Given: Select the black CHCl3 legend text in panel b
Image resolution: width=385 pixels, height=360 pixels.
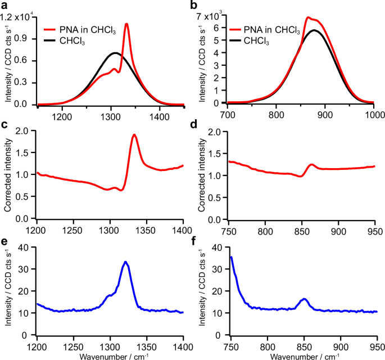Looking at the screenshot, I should (256, 42).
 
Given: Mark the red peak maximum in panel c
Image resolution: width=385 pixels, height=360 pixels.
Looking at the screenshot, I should (134, 135).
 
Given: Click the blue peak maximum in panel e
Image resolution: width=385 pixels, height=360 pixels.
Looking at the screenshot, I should (125, 262).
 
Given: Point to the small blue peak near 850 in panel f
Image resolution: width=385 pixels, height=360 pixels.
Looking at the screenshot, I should (304, 299).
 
